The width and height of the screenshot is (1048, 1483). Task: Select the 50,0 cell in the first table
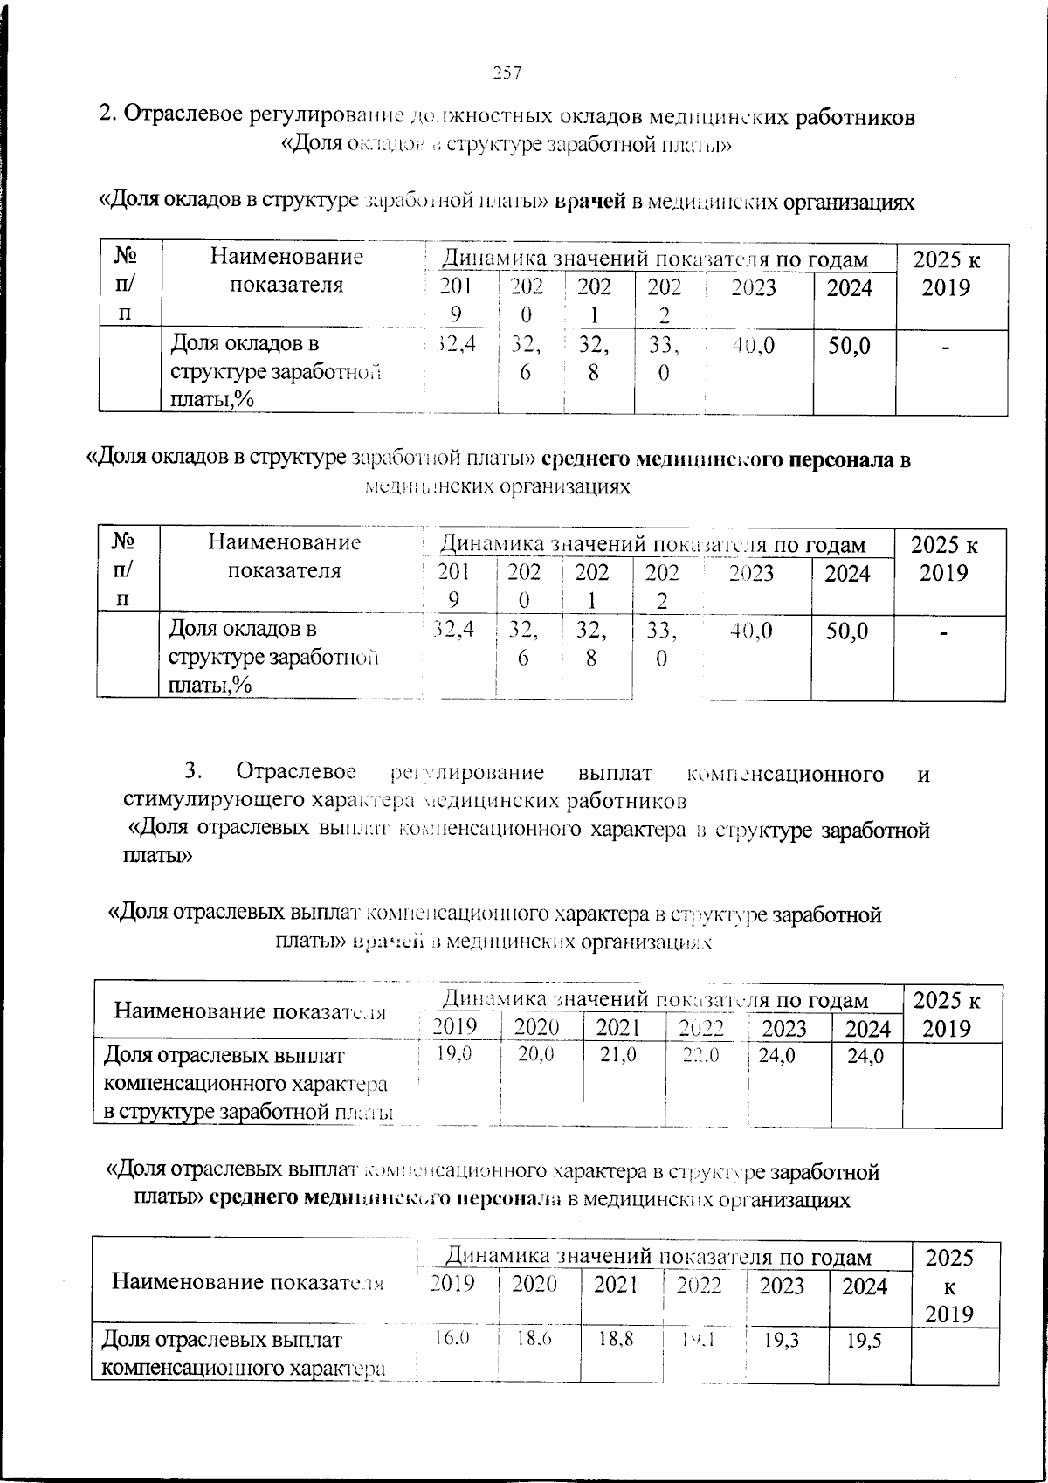coord(849,347)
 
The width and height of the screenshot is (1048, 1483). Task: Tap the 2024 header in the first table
coord(849,288)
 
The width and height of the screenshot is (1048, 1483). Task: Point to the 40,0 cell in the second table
coord(752,631)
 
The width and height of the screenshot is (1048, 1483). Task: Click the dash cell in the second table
coord(944,632)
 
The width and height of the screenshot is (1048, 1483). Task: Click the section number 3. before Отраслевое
coord(193,773)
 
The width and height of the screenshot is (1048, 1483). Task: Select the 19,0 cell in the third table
coord(454,1055)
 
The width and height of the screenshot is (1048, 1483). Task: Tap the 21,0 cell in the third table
coord(617,1055)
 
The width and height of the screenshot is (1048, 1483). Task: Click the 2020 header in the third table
coord(536,1028)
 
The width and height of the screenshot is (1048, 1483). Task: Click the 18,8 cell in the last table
coord(616,1339)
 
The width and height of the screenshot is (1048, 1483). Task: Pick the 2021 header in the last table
coord(616,1285)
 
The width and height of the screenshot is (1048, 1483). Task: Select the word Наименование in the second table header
coord(284,543)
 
